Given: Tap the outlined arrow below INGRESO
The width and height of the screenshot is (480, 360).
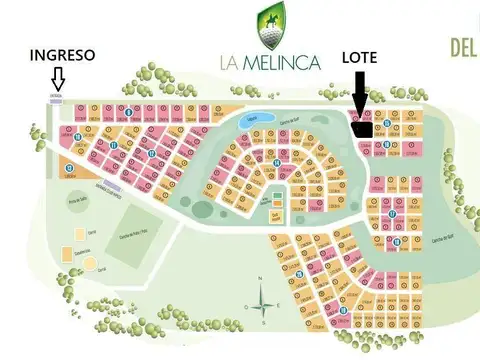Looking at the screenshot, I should (x=58, y=78).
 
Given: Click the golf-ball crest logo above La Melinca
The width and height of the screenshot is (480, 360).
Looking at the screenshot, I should (x=269, y=24).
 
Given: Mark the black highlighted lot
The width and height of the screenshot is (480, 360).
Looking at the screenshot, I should (x=364, y=127).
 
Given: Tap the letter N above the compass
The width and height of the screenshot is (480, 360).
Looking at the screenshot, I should (x=259, y=277).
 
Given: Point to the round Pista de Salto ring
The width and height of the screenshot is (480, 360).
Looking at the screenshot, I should (x=74, y=207).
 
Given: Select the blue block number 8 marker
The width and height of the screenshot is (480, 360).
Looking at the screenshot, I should (x=131, y=111).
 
